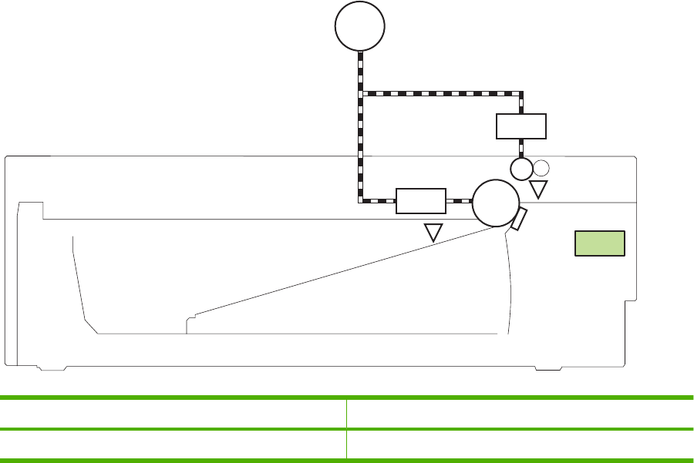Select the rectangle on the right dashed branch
[x=520, y=126]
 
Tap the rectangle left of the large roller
[x=420, y=200]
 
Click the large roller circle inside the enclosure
[x=495, y=202]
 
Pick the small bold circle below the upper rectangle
[x=522, y=168]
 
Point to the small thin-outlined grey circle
[x=541, y=167]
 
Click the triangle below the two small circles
[x=538, y=189]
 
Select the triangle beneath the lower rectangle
[x=434, y=232]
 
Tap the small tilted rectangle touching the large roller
[x=520, y=219]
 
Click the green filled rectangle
[x=600, y=243]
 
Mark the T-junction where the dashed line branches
[x=361, y=93]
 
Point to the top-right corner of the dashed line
[x=521, y=93]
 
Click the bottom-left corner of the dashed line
[x=361, y=201]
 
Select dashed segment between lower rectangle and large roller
[x=459, y=201]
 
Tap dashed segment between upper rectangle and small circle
[x=521, y=148]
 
